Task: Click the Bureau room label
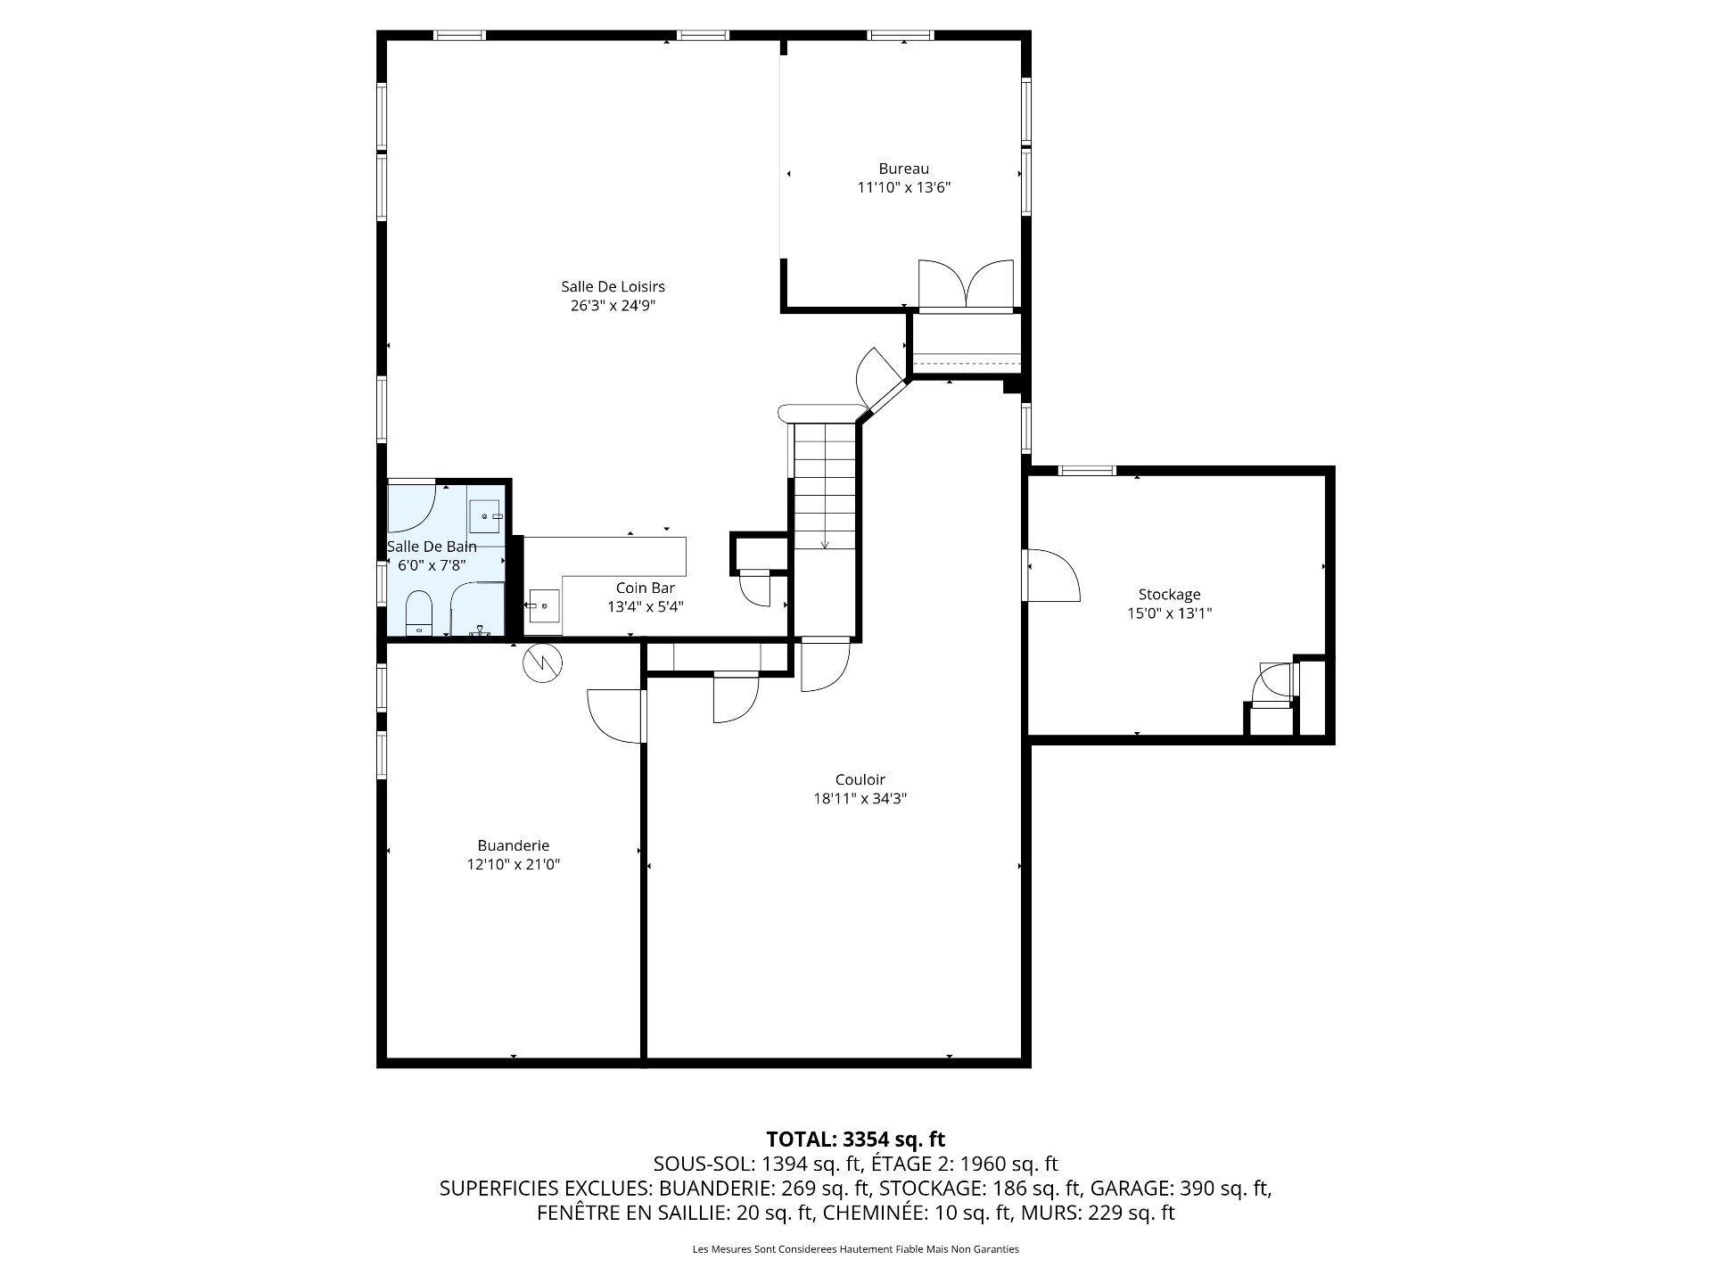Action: (x=903, y=169)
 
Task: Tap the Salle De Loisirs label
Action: (x=613, y=286)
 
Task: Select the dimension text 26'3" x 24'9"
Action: (x=613, y=306)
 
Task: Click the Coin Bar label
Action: (x=645, y=588)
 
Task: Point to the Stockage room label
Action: (x=1169, y=595)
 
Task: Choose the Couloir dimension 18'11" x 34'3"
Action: (x=860, y=799)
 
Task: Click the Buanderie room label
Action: (x=513, y=845)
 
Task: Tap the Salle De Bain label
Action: (x=432, y=547)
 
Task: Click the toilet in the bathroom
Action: (x=419, y=613)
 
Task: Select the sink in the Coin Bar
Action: (x=545, y=605)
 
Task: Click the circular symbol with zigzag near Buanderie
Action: (x=542, y=662)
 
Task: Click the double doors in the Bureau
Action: (x=966, y=285)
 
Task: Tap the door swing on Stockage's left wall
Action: (x=1053, y=575)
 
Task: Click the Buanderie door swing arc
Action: (x=615, y=716)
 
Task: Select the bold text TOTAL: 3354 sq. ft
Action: (x=855, y=1139)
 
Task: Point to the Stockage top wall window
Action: (x=1086, y=470)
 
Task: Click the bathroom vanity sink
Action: (x=486, y=516)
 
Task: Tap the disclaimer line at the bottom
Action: (x=856, y=1249)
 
